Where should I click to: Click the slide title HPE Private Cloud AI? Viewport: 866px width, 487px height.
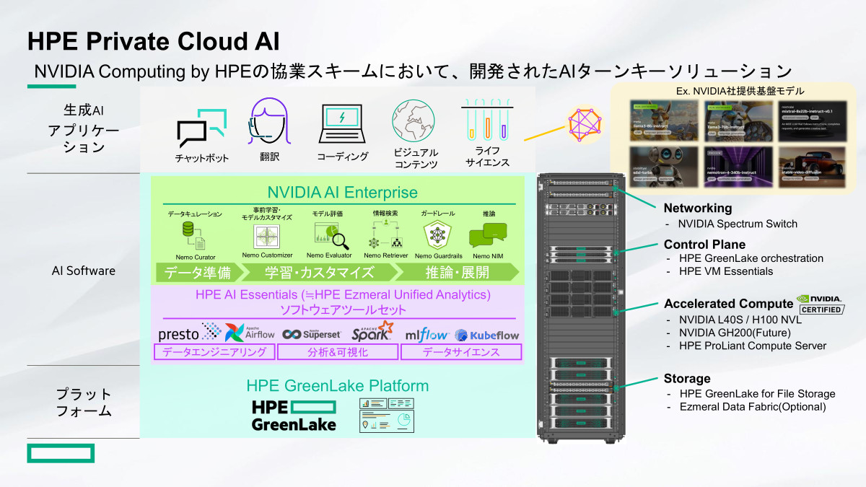154,41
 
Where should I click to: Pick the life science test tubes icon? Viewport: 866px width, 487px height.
487,119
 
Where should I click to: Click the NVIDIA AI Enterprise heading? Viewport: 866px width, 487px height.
342,193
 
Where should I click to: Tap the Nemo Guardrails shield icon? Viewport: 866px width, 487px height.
438,234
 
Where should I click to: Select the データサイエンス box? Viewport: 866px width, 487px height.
461,352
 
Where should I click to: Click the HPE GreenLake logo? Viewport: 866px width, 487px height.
294,415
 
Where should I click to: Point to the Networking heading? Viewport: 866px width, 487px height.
697,209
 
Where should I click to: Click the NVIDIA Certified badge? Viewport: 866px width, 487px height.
820,304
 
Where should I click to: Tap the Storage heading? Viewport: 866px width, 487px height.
687,379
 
